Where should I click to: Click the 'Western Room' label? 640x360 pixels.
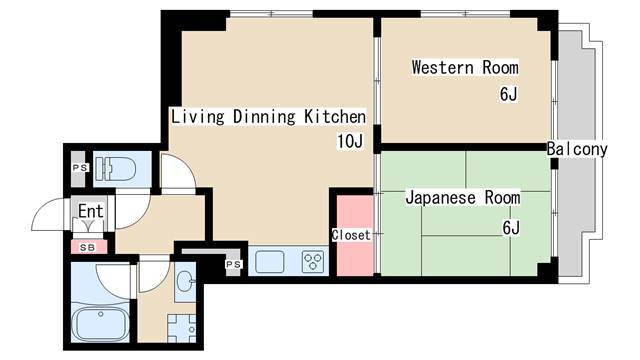tap(465, 68)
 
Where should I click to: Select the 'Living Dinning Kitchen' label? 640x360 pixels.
tap(268, 116)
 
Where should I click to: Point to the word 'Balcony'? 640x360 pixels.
tap(577, 150)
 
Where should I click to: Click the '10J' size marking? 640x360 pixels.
tap(350, 141)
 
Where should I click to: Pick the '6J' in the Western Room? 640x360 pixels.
tap(508, 95)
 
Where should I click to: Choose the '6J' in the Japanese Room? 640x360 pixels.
tap(511, 228)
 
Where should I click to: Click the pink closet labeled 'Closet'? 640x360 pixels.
tap(352, 235)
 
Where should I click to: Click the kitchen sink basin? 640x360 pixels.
tap(271, 262)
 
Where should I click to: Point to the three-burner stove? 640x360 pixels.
tap(312, 262)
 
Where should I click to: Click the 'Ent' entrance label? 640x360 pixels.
tap(91, 212)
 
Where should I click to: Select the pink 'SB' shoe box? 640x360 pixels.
tap(87, 246)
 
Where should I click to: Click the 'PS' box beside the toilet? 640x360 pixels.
tap(79, 168)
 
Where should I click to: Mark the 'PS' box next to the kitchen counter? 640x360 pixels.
tap(232, 264)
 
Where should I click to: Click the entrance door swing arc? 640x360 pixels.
tap(52, 213)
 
